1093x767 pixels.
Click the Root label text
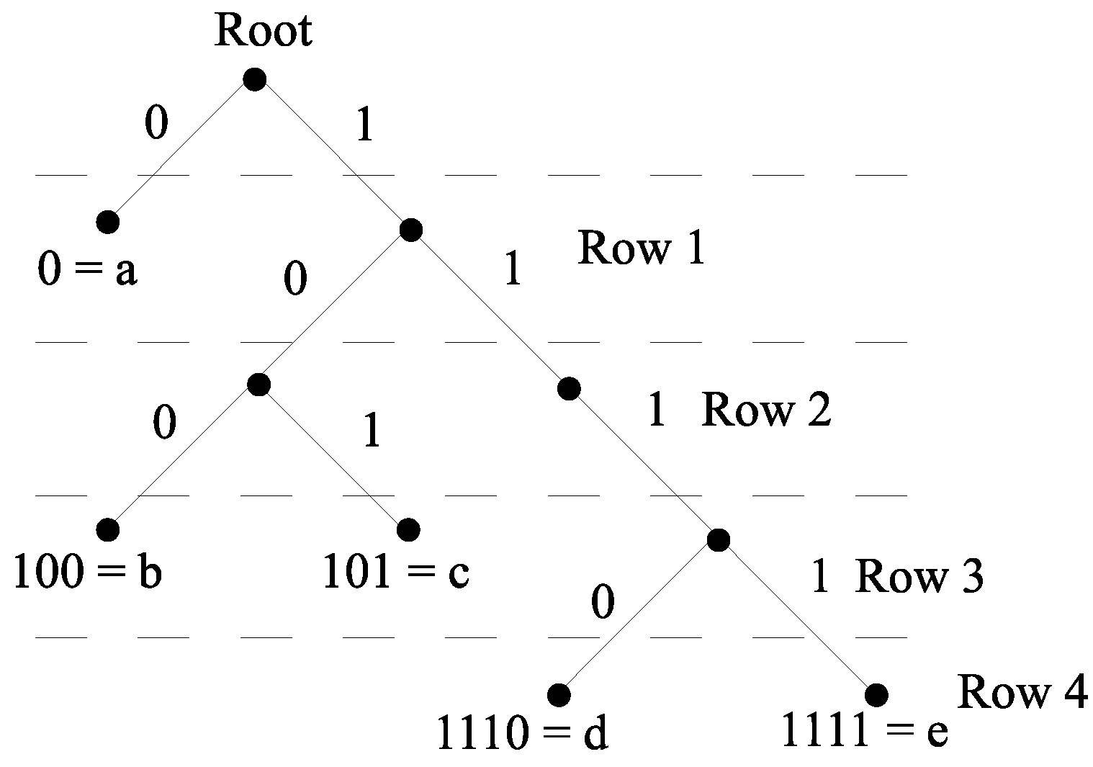click(x=264, y=32)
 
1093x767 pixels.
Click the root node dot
click(x=254, y=79)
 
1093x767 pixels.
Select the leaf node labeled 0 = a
click(x=108, y=223)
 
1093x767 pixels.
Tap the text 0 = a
click(x=87, y=272)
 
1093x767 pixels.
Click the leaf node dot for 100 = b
click(x=108, y=530)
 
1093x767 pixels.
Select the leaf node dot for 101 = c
click(x=408, y=530)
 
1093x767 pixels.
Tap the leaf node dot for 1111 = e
click(x=876, y=695)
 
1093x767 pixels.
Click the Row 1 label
click(x=641, y=248)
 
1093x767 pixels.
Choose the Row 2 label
click(x=766, y=411)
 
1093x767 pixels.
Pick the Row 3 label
click(x=919, y=577)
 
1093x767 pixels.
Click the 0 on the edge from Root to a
click(x=156, y=123)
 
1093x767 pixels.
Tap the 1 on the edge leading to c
click(x=371, y=432)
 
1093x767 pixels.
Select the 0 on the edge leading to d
click(x=603, y=602)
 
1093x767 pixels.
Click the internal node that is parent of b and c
click(x=258, y=385)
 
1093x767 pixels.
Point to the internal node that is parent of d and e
click(x=718, y=539)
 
